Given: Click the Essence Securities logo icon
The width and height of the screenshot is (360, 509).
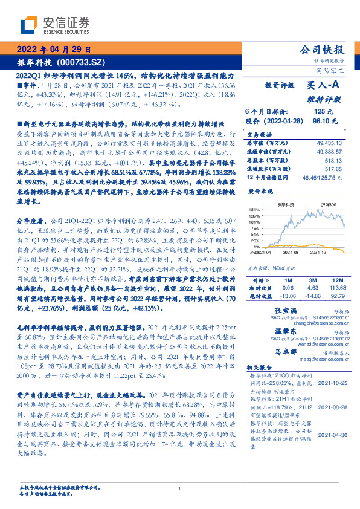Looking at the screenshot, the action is [x=28, y=26].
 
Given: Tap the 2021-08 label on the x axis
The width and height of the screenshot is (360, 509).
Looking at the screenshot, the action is [x=289, y=254].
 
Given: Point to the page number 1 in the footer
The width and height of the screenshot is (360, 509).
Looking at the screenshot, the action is [x=180, y=489].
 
